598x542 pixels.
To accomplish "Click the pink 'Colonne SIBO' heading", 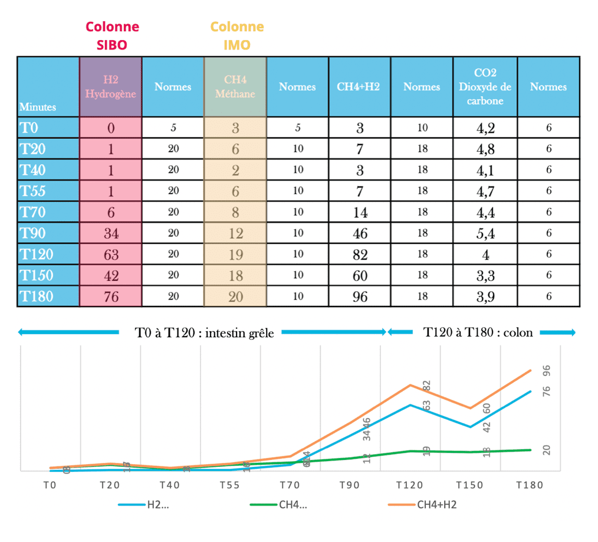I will [x=112, y=35].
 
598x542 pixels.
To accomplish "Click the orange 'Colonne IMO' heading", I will [x=236, y=35].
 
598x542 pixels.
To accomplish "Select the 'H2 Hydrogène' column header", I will [x=111, y=86].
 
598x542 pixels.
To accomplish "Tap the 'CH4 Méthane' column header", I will [x=235, y=86].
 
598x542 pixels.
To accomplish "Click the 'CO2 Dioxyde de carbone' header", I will [x=485, y=86].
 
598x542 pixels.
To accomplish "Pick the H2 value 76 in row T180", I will [x=111, y=296].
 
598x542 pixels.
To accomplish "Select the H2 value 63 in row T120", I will [x=111, y=254].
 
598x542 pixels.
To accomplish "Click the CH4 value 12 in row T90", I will [x=235, y=233].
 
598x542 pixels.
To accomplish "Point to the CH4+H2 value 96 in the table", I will [x=359, y=296].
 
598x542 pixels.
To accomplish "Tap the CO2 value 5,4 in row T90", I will [x=485, y=233].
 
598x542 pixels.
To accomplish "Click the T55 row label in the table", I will [x=33, y=191].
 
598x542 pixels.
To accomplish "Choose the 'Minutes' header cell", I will [x=38, y=107].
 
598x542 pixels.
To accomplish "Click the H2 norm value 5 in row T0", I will [x=173, y=128].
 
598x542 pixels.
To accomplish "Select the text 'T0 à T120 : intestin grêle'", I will [x=204, y=332].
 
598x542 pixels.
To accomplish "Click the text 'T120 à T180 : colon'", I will [x=478, y=332].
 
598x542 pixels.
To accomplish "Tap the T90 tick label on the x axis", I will [x=350, y=485].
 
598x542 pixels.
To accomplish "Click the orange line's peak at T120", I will [x=410, y=385].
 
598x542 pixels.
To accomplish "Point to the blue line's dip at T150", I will [x=470, y=427].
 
